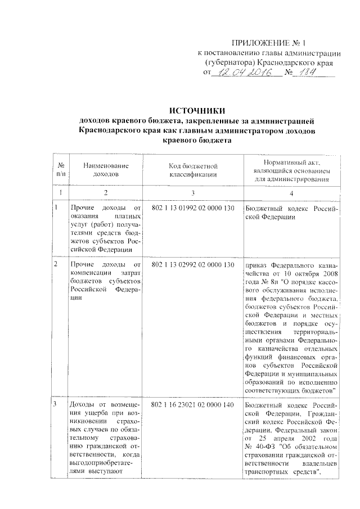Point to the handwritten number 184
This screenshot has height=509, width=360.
coord(309,73)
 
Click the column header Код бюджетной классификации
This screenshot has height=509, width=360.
coord(193,170)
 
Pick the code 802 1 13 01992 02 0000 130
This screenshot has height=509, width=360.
coord(193,209)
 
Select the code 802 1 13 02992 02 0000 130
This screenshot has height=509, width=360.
coord(193,264)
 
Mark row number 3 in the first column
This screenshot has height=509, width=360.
coord(55,405)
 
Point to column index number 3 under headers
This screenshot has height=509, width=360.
coord(193,192)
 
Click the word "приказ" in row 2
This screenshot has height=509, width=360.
coord(257,264)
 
